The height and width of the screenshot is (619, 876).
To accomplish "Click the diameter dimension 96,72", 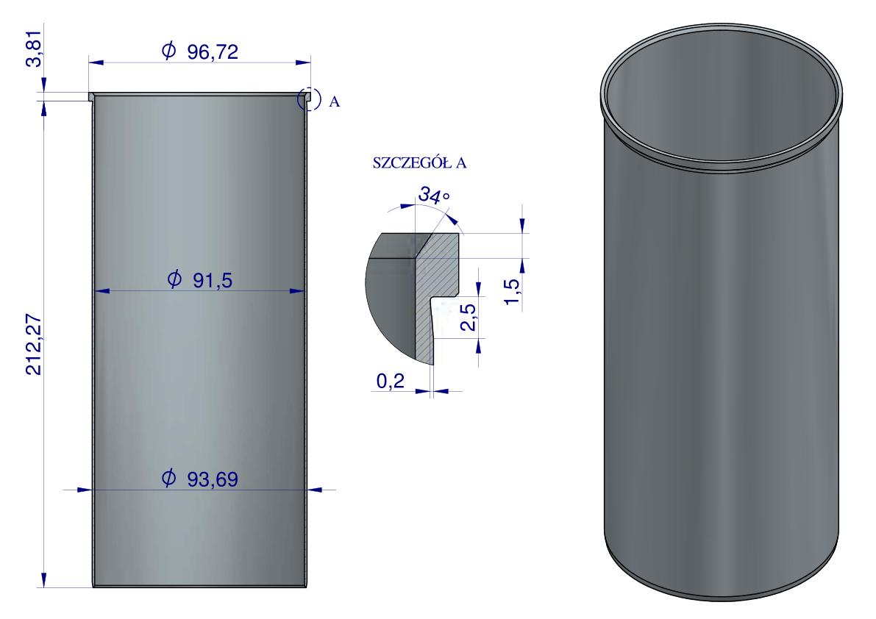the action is [x=213, y=52].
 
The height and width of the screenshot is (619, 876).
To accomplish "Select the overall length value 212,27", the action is [x=34, y=345].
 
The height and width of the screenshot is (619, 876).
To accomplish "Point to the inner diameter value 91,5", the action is [x=213, y=280].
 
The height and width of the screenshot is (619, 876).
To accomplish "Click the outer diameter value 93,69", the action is [x=213, y=479].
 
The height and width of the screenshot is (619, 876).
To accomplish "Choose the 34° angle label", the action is [x=434, y=195].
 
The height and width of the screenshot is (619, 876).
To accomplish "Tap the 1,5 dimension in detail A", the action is [x=513, y=291].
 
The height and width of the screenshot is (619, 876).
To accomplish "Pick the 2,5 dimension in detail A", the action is [x=469, y=317].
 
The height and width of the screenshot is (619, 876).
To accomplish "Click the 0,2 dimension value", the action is [x=390, y=382].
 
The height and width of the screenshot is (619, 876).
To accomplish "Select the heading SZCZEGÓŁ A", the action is [x=419, y=163].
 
